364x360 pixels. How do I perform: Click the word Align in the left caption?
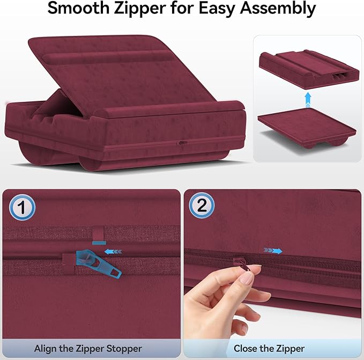point(46,348)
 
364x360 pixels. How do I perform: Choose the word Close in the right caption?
point(246,348)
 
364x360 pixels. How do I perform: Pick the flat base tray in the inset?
point(306,126)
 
